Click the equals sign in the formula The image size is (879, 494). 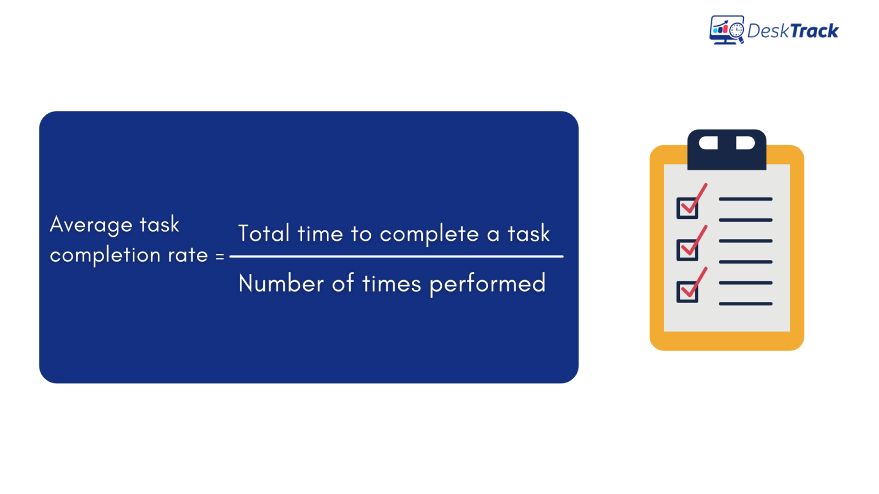(x=220, y=256)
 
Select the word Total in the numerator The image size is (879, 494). (x=264, y=234)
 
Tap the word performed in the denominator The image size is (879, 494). (x=488, y=284)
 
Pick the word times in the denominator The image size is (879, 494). (x=393, y=284)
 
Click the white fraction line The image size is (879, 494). (x=396, y=257)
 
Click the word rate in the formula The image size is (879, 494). (x=188, y=255)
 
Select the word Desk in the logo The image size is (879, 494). (x=767, y=31)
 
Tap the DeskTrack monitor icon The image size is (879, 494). (x=726, y=30)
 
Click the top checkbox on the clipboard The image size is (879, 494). (x=687, y=208)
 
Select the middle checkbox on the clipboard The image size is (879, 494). (x=687, y=250)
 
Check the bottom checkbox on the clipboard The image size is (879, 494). (x=687, y=292)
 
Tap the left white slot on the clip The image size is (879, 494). (x=708, y=143)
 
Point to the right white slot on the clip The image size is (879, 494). (x=745, y=143)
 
